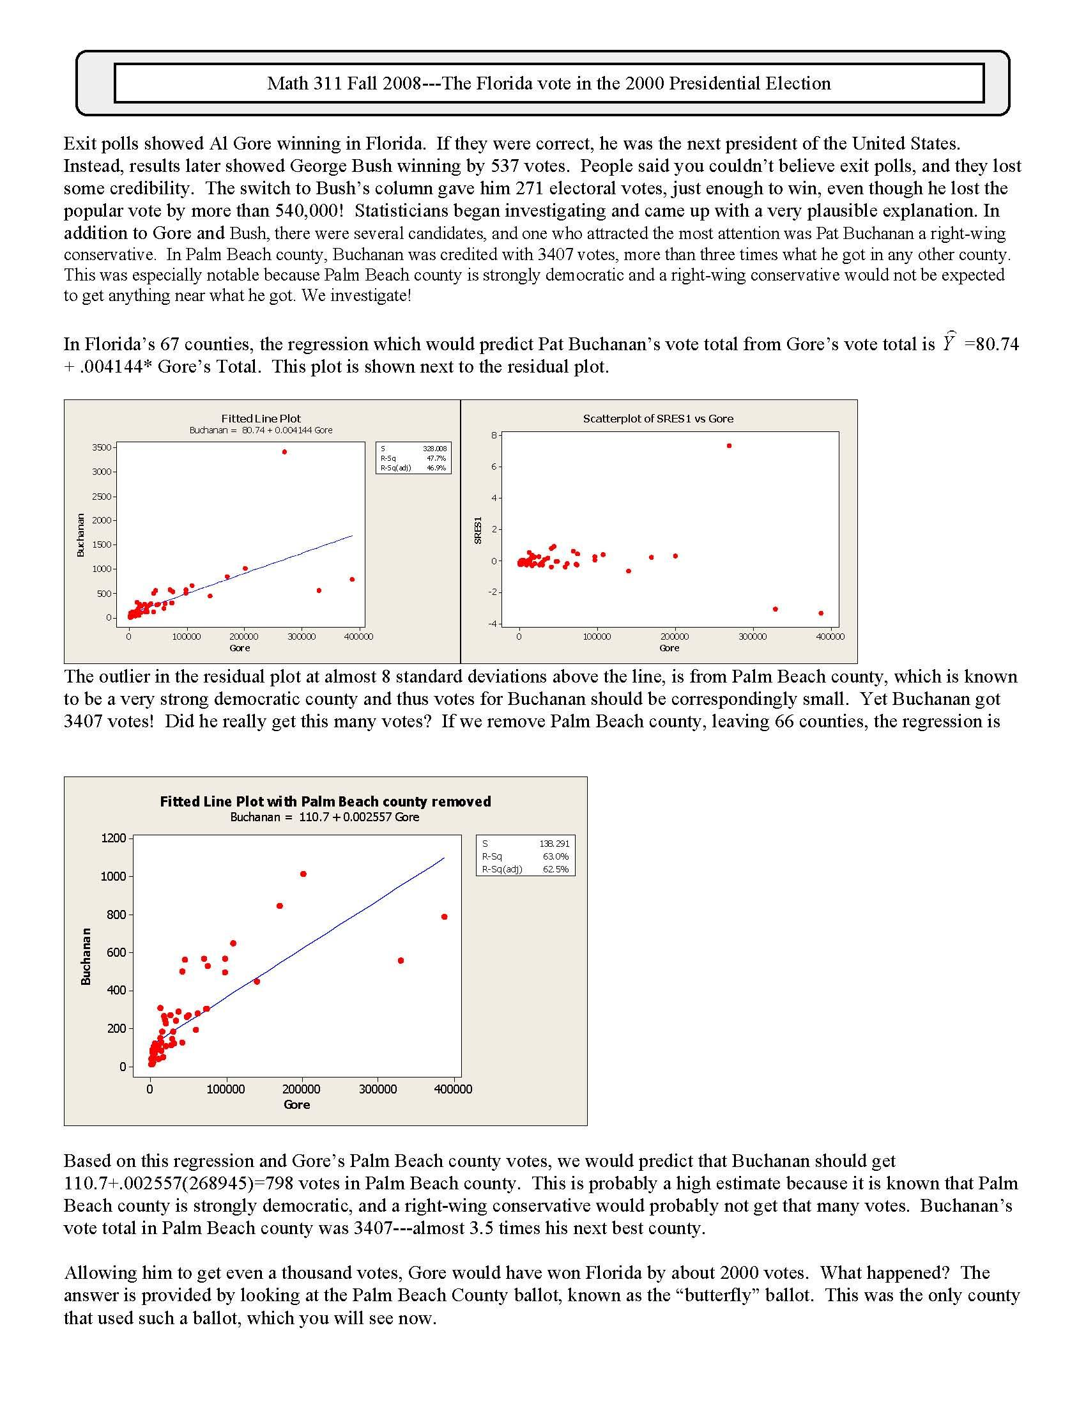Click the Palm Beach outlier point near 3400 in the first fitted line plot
pyautogui.click(x=284, y=452)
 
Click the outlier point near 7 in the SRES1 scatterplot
pyautogui.click(x=729, y=445)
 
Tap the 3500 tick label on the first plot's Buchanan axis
pyautogui.click(x=102, y=447)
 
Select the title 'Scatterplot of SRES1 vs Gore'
pyautogui.click(x=658, y=419)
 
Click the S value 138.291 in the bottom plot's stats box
pyautogui.click(x=554, y=844)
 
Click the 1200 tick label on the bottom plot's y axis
pyautogui.click(x=113, y=838)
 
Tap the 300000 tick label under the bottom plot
pyautogui.click(x=377, y=1089)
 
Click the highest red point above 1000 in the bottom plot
pyautogui.click(x=303, y=874)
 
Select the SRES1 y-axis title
pyautogui.click(x=478, y=530)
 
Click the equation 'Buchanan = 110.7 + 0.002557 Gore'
pyautogui.click(x=325, y=817)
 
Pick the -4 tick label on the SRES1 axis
pyautogui.click(x=493, y=623)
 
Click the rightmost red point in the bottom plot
pyautogui.click(x=445, y=916)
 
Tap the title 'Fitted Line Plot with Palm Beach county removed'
pyautogui.click(x=325, y=801)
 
